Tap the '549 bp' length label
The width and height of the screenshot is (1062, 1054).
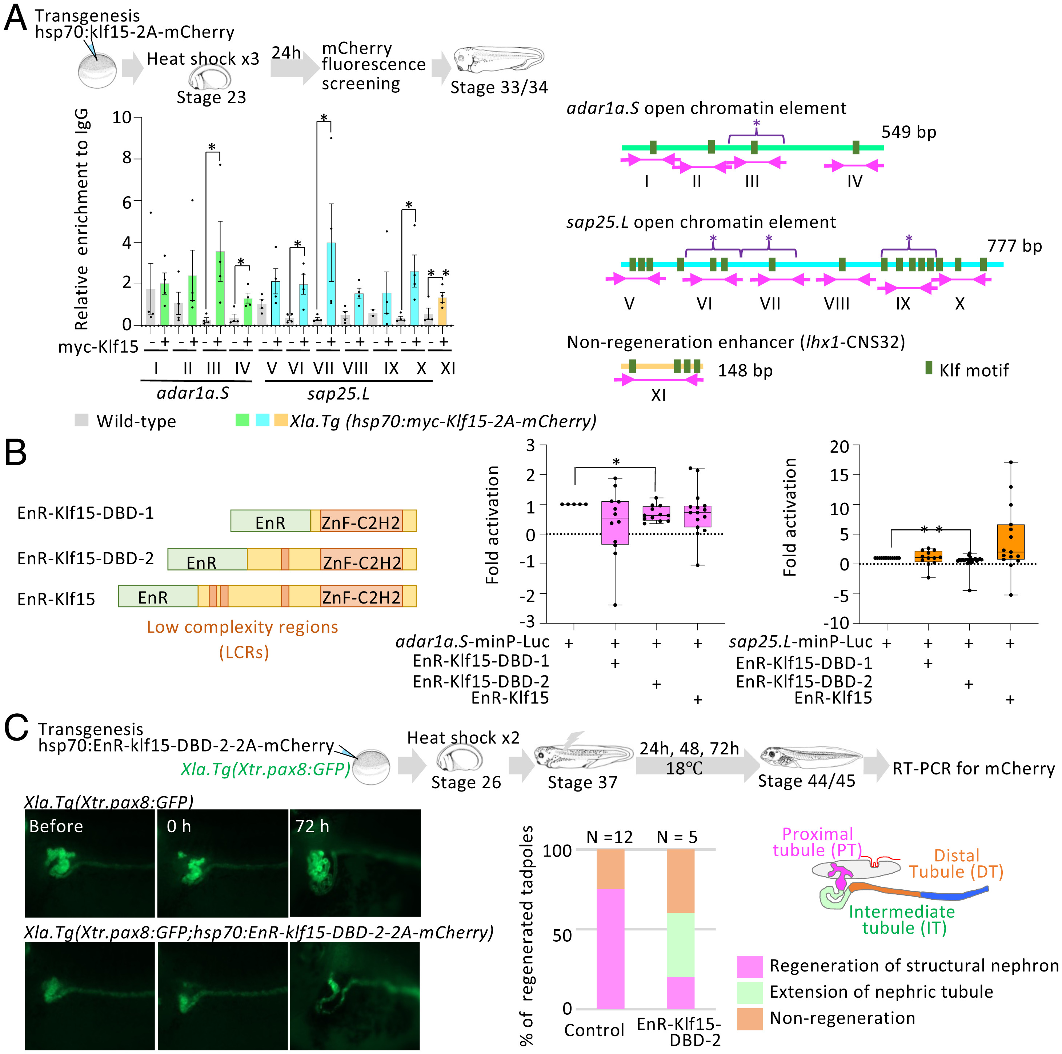click(908, 132)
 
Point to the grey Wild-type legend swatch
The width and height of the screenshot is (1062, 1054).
click(81, 420)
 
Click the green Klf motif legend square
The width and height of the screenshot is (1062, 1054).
click(929, 368)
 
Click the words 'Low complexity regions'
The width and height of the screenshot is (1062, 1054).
click(242, 627)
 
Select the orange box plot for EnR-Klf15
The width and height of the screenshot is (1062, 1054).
click(1010, 542)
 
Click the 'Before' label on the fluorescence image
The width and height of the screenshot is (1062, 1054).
click(56, 826)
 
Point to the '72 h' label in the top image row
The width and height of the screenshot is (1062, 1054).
click(312, 826)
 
